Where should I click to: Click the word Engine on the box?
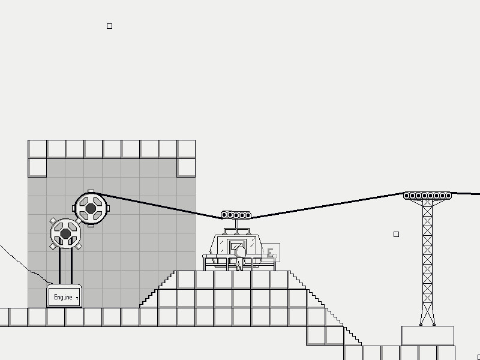pyautogui.click(x=62, y=297)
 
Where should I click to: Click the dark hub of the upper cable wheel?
pyautogui.click(x=91, y=208)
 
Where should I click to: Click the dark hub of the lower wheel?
pyautogui.click(x=65, y=233)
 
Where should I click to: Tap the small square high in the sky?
pyautogui.click(x=109, y=26)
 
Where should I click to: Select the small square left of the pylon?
pyautogui.click(x=396, y=234)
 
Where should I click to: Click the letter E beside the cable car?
pyautogui.click(x=271, y=253)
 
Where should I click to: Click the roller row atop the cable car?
pyautogui.click(x=236, y=215)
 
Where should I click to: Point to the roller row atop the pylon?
pyautogui.click(x=427, y=196)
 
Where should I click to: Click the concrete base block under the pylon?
pyautogui.click(x=427, y=335)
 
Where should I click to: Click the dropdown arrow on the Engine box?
pyautogui.click(x=77, y=298)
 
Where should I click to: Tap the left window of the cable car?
pyautogui.click(x=221, y=245)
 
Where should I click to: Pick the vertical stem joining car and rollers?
pyautogui.click(x=236, y=224)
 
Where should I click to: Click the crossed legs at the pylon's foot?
pyautogui.click(x=427, y=315)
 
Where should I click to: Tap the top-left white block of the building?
pyautogui.click(x=37, y=149)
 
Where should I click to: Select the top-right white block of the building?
pyautogui.click(x=186, y=149)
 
